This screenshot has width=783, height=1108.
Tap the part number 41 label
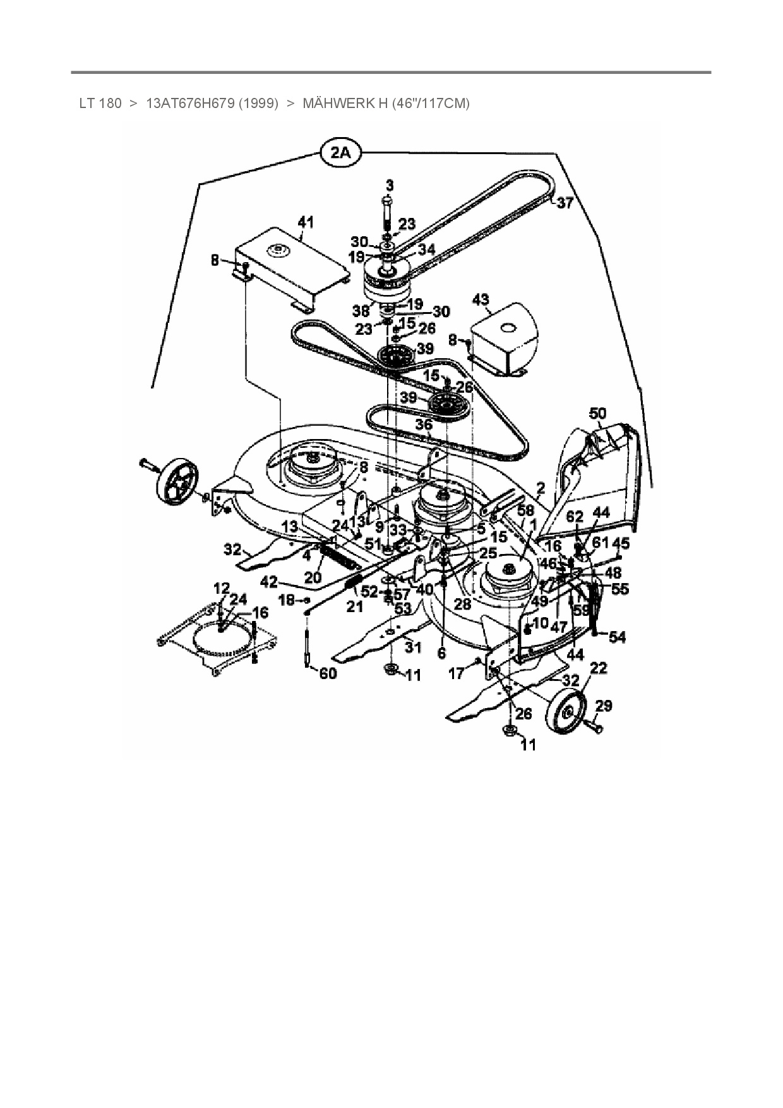coord(306,222)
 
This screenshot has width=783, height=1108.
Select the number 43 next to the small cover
coord(481,299)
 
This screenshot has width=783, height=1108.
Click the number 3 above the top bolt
coord(389,185)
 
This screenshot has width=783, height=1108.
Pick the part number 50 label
coord(597,414)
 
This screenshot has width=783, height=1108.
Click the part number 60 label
coord(328,673)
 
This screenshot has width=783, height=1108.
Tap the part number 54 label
coord(616,637)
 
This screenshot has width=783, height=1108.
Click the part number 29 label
coord(604,705)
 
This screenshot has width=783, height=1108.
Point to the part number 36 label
coord(423,425)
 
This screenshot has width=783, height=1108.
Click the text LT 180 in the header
coord(100,103)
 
